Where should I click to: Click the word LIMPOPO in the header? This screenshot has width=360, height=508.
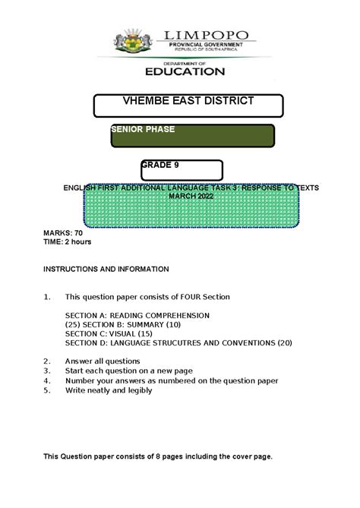coord(204,35)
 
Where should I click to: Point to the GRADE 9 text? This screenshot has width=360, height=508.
coord(160,165)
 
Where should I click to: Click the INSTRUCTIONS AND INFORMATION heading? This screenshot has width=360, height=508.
coord(106,269)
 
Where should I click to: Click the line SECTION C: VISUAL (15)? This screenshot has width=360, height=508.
coord(109,333)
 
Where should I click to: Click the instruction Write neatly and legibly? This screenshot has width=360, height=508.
coord(109,390)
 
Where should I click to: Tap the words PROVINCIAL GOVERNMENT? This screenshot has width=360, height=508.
coord(205,46)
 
